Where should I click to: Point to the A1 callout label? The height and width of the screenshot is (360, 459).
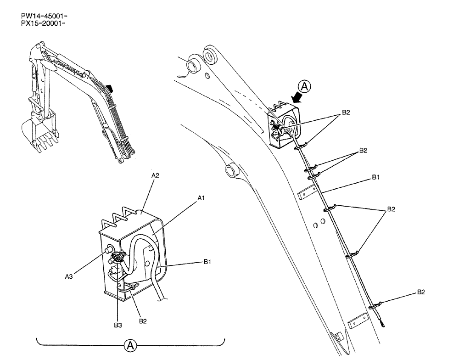(x=201, y=197)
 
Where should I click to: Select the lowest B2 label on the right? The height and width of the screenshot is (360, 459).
(x=421, y=292)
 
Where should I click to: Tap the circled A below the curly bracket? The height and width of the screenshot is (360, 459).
(x=130, y=345)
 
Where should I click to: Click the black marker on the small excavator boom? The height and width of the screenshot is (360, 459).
(x=109, y=87)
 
